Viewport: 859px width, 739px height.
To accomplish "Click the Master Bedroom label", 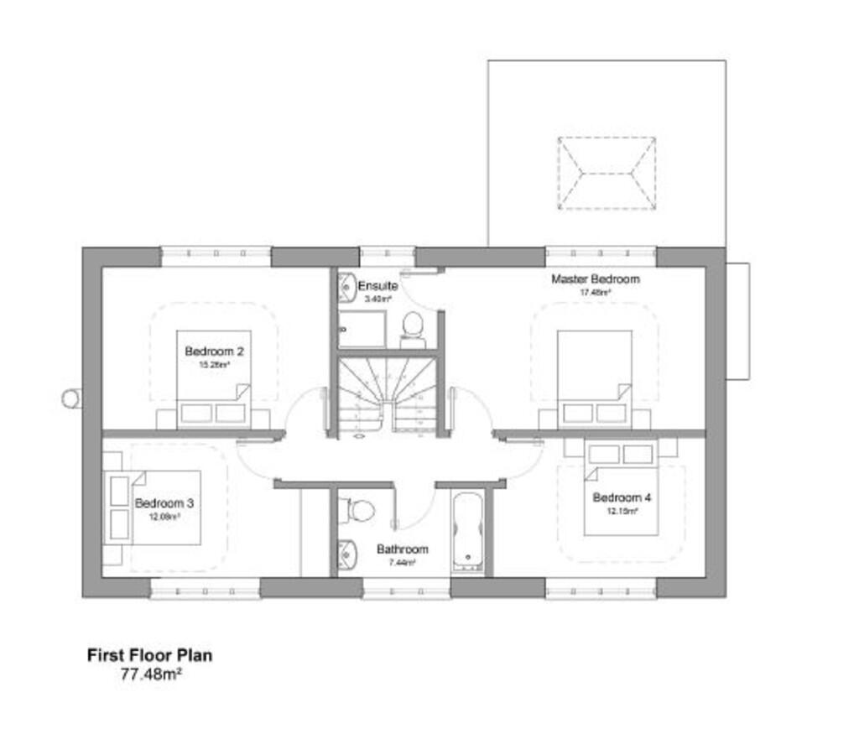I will click(595, 278).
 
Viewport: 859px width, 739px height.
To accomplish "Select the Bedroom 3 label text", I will click(164, 503).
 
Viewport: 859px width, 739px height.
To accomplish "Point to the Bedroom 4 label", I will click(622, 497).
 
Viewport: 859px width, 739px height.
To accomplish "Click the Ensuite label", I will click(377, 286).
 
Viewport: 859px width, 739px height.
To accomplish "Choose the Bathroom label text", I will click(402, 549).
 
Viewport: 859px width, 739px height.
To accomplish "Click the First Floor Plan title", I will click(149, 655).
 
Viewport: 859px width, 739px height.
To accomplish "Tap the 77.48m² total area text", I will click(152, 672).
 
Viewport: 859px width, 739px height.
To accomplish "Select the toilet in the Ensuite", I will click(413, 327).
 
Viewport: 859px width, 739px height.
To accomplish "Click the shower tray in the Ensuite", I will click(363, 329).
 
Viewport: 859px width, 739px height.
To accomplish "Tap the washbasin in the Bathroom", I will click(346, 554).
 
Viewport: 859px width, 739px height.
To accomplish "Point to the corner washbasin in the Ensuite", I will click(347, 289).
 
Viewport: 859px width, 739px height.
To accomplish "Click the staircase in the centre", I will click(387, 394).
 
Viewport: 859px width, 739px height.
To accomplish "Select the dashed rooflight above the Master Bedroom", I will click(607, 174).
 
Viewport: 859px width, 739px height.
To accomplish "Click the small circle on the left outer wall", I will click(72, 398).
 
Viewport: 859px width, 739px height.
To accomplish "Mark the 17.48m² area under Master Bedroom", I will click(595, 293).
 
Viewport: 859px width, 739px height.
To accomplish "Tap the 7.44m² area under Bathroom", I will click(402, 563).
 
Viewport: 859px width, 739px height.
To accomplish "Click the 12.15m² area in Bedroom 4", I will click(622, 510).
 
